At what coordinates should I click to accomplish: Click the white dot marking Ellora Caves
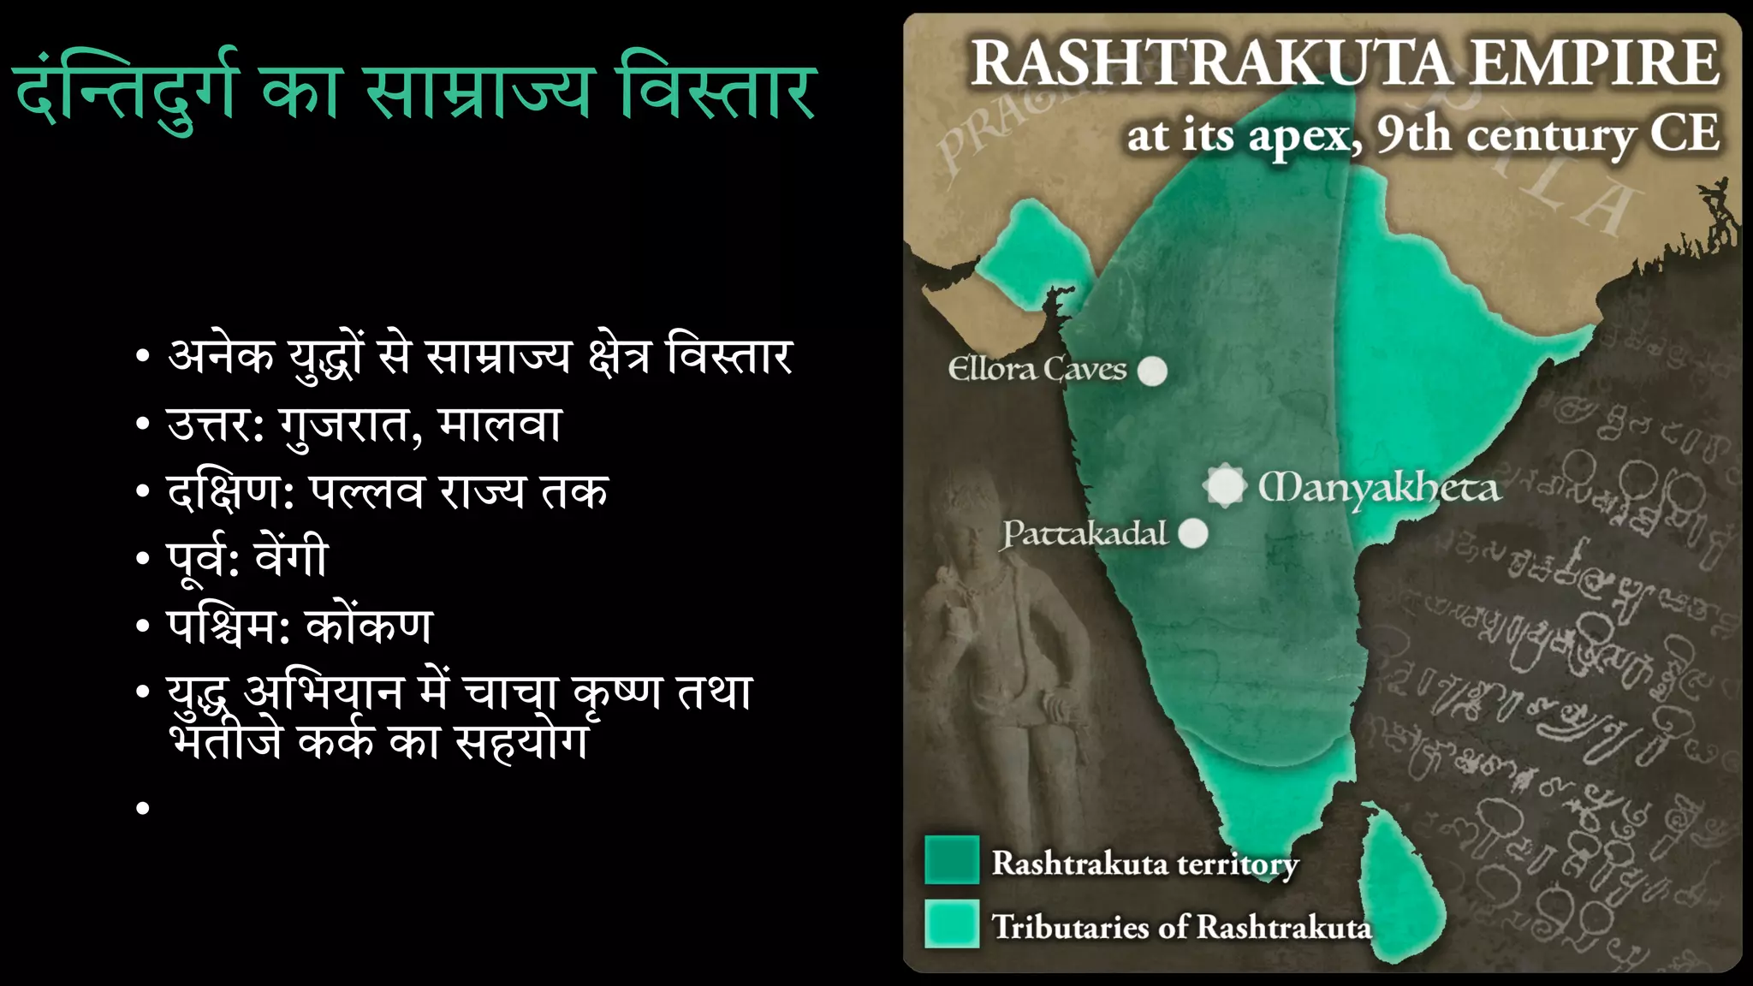tap(1153, 371)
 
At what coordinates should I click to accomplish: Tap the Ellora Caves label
tap(1037, 369)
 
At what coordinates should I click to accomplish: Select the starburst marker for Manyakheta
tap(1225, 486)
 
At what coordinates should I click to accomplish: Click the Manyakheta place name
tap(1379, 488)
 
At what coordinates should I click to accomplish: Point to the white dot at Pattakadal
tap(1193, 533)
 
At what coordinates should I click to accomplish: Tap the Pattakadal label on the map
tap(1085, 533)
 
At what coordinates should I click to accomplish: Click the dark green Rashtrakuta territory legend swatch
tap(952, 859)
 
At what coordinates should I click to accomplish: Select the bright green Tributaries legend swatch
tap(952, 924)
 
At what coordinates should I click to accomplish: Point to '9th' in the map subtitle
tap(1413, 134)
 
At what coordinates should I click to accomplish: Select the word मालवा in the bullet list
tap(499, 424)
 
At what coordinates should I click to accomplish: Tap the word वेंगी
tap(291, 558)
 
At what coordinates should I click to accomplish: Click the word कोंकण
tap(369, 626)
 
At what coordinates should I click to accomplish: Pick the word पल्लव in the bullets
tap(366, 491)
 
